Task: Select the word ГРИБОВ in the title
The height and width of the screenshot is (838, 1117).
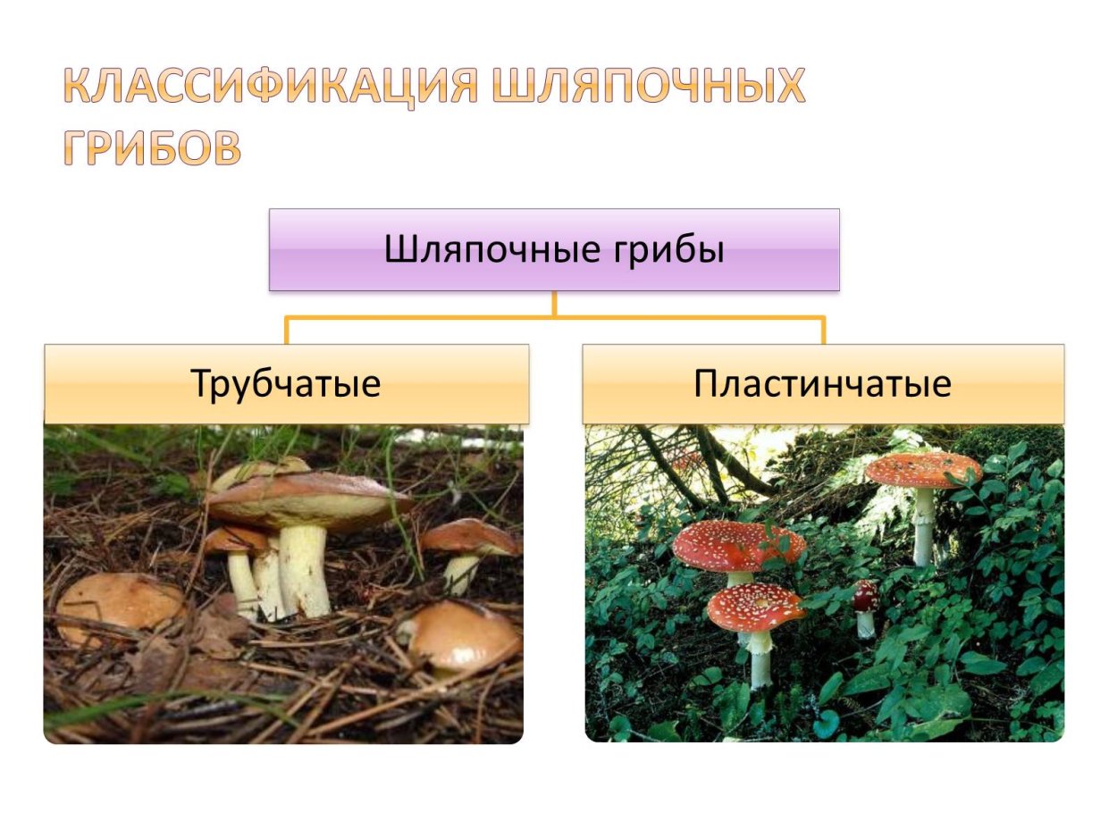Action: (152, 149)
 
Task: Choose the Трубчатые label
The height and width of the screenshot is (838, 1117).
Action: (286, 384)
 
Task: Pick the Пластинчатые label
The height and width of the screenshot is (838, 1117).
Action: (823, 384)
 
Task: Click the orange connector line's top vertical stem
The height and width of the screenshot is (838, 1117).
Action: (554, 304)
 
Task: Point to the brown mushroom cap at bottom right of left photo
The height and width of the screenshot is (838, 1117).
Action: (465, 634)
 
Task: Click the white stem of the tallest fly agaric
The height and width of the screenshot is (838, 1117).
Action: (923, 527)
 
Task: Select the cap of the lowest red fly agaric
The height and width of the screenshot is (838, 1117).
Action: (755, 608)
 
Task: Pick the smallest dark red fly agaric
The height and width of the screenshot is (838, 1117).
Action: (864, 597)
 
